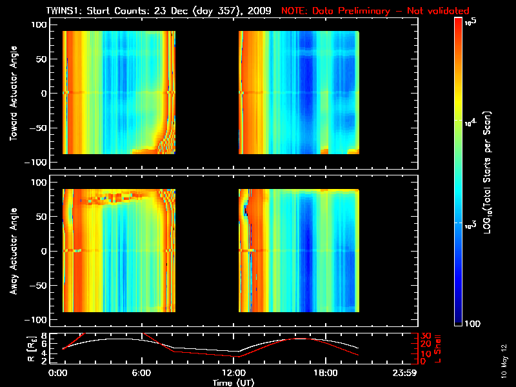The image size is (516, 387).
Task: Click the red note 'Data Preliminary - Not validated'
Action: coord(375,11)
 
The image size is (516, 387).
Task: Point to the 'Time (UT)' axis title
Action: coord(233,382)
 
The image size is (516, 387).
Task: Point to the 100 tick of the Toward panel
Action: coord(40,24)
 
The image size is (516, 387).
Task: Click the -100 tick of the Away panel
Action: coord(38,320)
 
